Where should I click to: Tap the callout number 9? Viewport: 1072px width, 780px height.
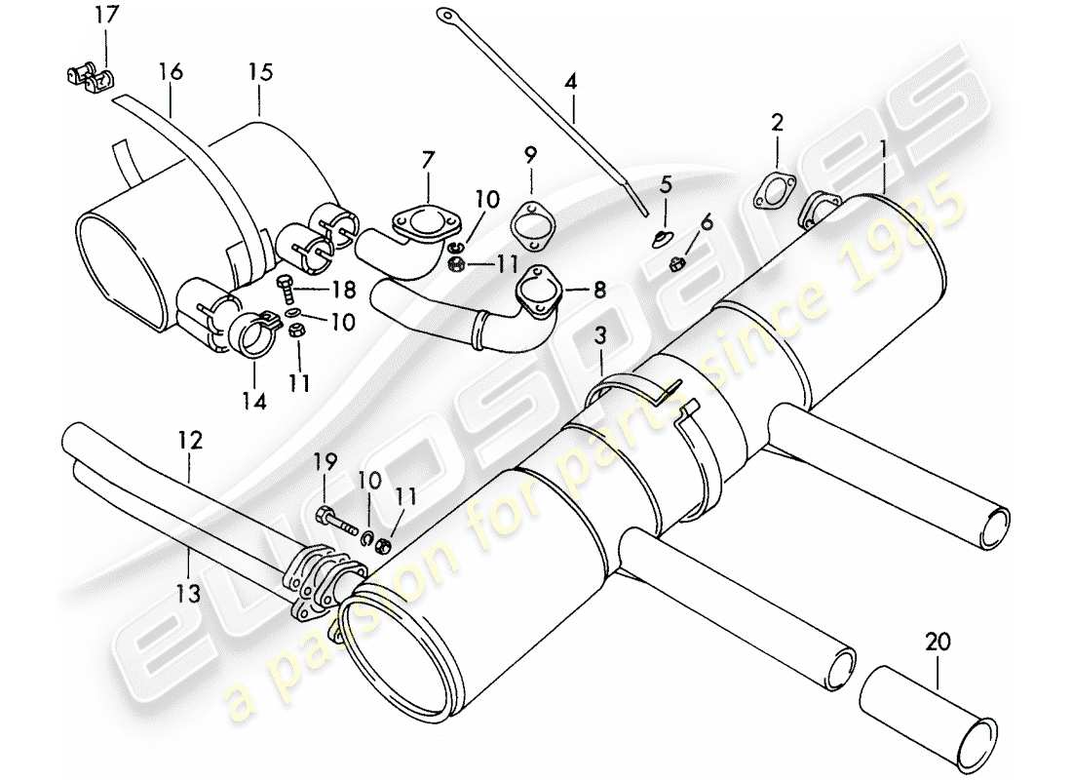[530, 154]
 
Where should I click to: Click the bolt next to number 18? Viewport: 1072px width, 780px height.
[287, 287]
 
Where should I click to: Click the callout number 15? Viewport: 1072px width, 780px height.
[260, 72]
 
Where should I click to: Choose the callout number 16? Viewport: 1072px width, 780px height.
[171, 72]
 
